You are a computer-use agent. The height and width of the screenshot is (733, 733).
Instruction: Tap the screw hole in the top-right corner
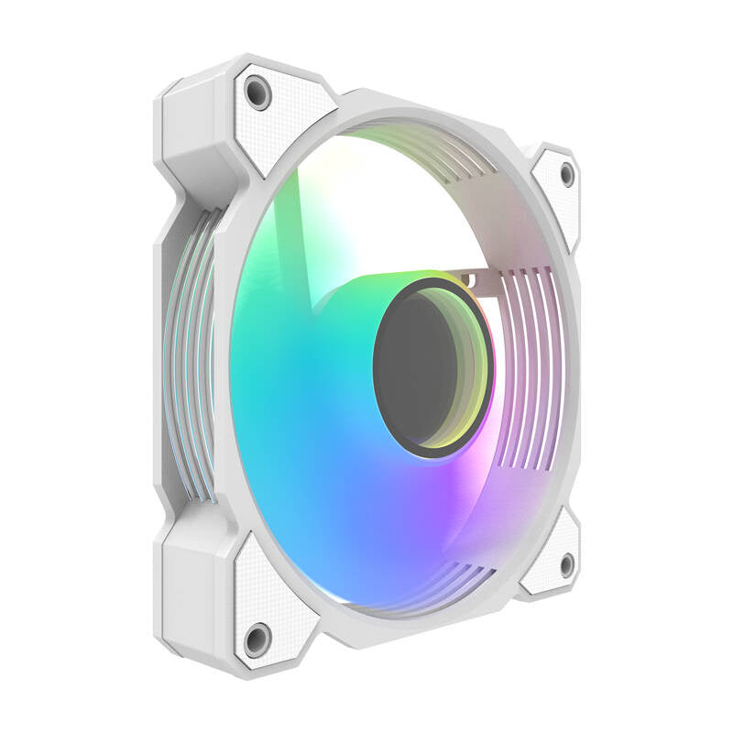click(567, 173)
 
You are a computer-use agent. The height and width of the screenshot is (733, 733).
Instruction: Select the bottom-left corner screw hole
click(257, 639)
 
